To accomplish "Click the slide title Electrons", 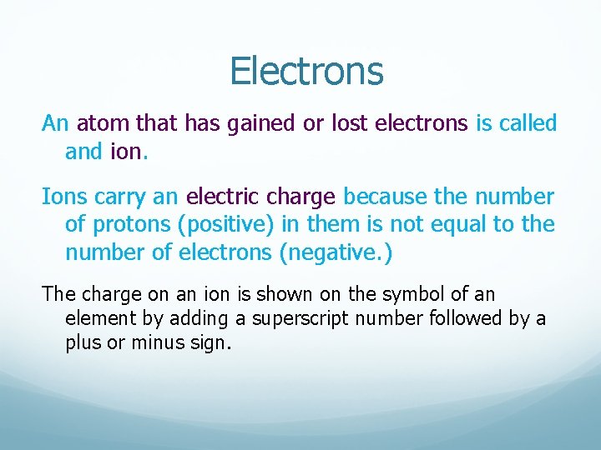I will [306, 72].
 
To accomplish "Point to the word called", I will [528, 124].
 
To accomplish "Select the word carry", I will [119, 198].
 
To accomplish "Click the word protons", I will [127, 225].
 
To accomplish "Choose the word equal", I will [483, 225].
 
